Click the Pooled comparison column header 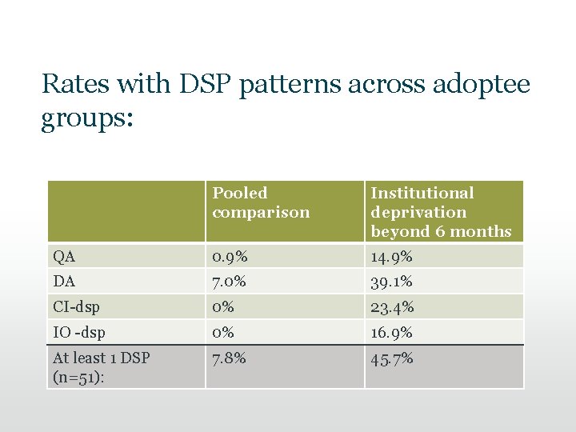point(261,203)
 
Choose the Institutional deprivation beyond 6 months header point(441,212)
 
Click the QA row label point(64,257)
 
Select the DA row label point(64,282)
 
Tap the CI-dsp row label point(77,307)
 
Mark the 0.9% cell point(230,257)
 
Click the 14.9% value point(391,257)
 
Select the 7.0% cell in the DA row point(230,282)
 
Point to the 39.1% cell point(391,282)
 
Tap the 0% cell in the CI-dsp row point(224,307)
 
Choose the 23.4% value point(392,307)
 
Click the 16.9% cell point(391,332)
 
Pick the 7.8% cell point(230,358)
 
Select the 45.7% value point(392,358)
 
